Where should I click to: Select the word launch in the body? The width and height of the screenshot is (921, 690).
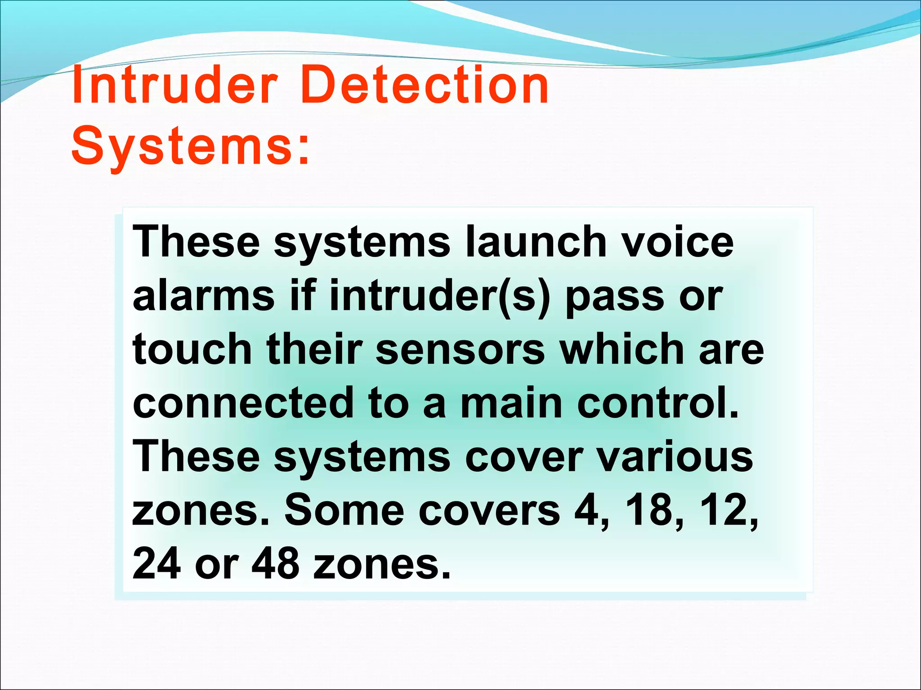(535, 242)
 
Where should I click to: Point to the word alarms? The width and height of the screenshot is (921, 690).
(203, 296)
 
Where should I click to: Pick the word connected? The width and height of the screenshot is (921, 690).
(243, 403)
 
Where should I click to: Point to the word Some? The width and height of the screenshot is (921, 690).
(344, 510)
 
